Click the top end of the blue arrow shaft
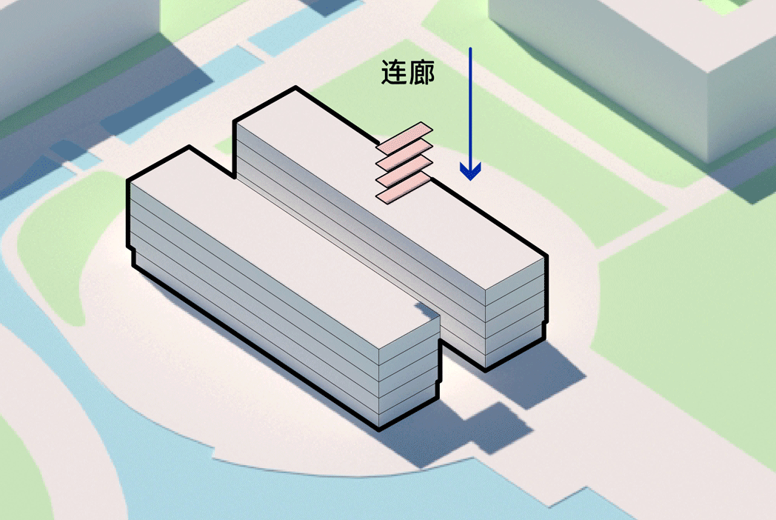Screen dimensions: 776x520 pos(470,50)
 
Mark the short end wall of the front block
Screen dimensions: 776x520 pos(409,378)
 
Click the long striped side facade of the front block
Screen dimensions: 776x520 pos(252,311)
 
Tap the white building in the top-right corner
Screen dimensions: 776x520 pos(637,59)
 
